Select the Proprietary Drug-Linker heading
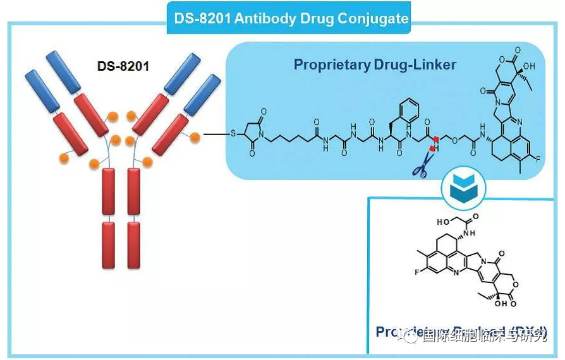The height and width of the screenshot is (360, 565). pos(375,64)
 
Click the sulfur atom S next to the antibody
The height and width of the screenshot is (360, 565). pos(234,134)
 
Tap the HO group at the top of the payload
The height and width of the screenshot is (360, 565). pos(443,222)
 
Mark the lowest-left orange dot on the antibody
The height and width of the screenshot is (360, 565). pos(64,157)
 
